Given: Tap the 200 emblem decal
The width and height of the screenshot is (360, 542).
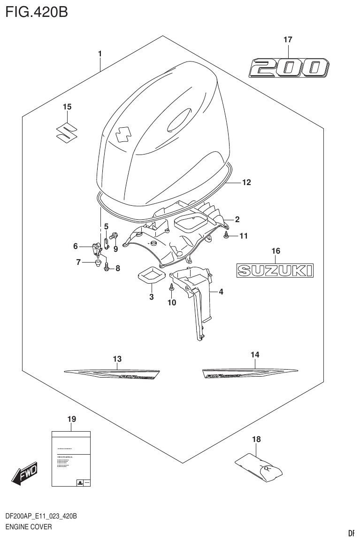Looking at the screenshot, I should point(288,69).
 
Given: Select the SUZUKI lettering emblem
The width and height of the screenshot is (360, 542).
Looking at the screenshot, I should point(275,270).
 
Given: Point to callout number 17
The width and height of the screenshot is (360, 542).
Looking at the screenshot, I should point(288,41).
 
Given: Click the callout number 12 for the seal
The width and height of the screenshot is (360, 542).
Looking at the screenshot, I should point(246,182).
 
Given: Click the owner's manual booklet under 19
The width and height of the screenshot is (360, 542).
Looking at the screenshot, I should point(70,458).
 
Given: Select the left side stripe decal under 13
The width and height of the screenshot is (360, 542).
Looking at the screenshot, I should point(113,374).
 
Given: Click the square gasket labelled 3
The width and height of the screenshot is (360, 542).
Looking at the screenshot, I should point(151,275).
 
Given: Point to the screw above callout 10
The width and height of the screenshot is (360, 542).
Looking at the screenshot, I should point(172,286).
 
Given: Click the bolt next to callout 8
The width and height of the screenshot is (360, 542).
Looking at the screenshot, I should point(107,267).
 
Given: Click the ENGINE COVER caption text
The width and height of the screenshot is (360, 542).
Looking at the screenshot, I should point(28,527).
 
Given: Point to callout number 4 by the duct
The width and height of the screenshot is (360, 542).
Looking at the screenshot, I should point(221,292).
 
